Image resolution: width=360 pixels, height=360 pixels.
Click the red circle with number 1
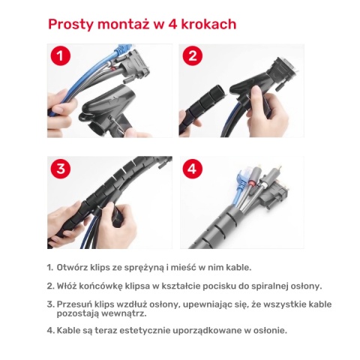(x=61, y=56)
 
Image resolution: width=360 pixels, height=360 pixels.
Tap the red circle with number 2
(x=193, y=56)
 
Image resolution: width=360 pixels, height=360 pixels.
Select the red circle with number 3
(x=61, y=169)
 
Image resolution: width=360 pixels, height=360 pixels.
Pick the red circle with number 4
(x=193, y=169)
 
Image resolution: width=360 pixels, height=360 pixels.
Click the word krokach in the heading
(x=207, y=24)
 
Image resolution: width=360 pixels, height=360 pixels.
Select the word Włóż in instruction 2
(x=67, y=286)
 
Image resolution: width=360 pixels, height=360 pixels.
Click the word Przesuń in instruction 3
(x=74, y=304)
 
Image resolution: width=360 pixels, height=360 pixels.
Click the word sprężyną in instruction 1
(x=148, y=268)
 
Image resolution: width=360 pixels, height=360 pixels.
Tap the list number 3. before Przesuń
(x=49, y=304)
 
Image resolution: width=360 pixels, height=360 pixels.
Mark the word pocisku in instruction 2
(x=208, y=286)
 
